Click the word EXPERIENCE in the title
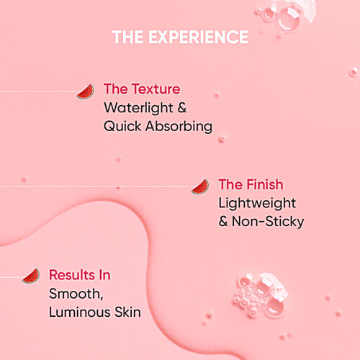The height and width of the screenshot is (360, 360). [199, 37]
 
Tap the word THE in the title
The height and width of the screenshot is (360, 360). [129, 37]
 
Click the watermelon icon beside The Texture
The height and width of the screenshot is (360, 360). [86, 91]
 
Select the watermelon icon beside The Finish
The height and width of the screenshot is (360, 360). [200, 186]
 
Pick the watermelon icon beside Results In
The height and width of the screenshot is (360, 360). [30, 276]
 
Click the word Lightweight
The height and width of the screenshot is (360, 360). [257, 203]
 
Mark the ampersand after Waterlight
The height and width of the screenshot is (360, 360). [182, 108]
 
